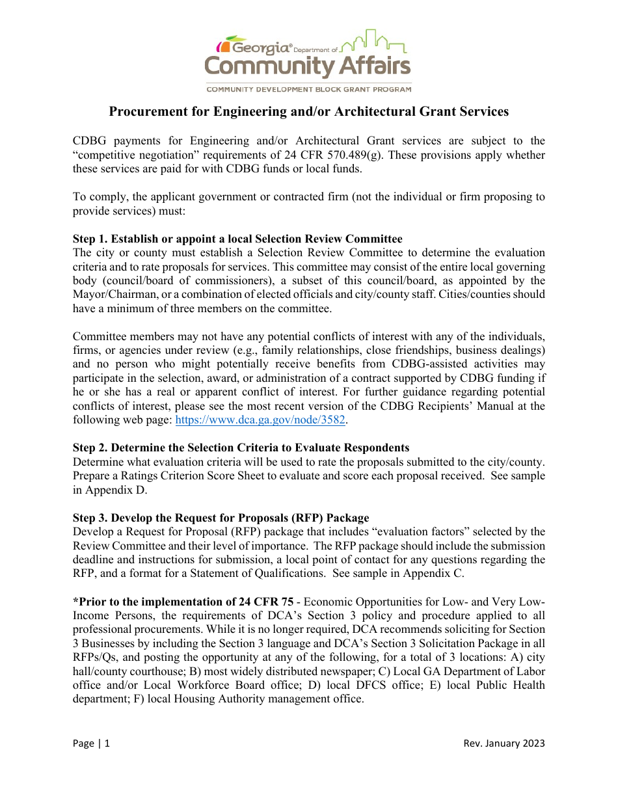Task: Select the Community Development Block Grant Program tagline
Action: click(x=308, y=89)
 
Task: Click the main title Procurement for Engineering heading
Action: click(x=308, y=112)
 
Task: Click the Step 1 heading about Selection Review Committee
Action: click(x=237, y=239)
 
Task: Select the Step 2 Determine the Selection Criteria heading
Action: click(x=241, y=447)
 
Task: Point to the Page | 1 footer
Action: click(x=91, y=743)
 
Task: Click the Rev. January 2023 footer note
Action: click(x=504, y=743)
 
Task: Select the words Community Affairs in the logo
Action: click(x=308, y=66)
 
